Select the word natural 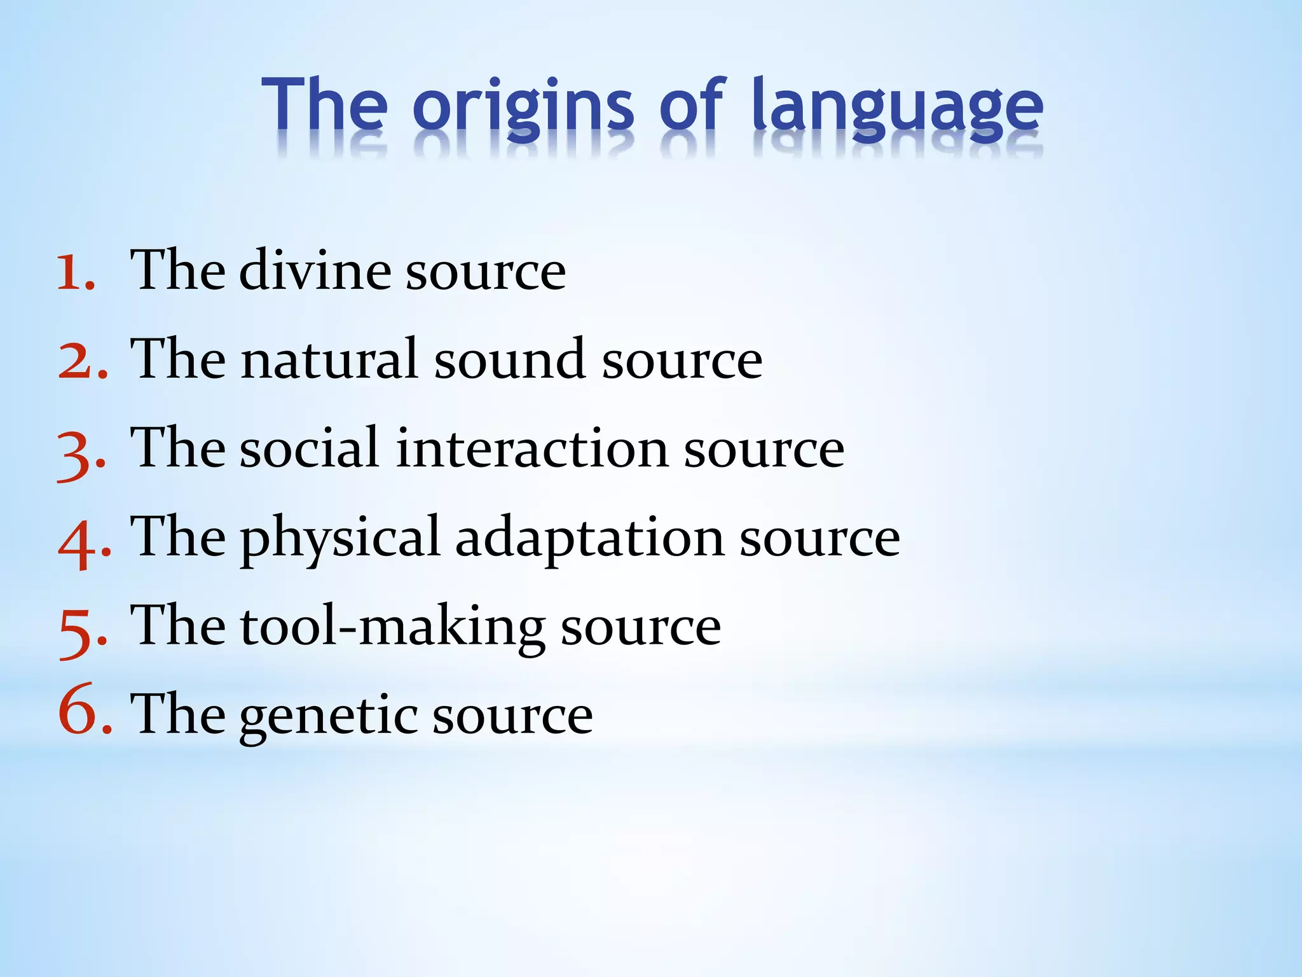329,359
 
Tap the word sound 509,359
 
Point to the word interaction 531,448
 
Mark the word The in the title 324,105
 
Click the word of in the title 692,105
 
